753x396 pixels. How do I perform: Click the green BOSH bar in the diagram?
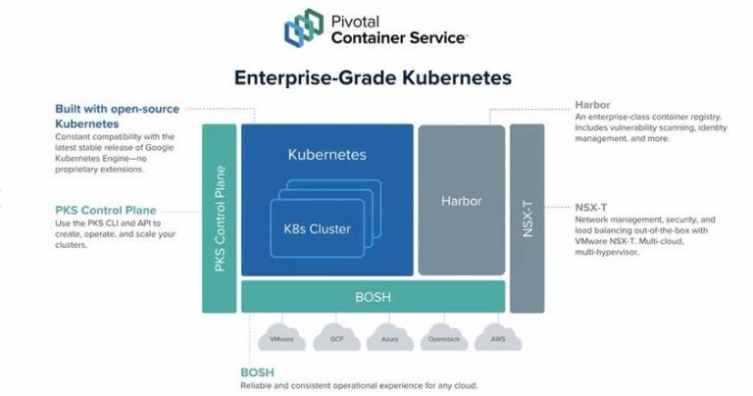pos(373,296)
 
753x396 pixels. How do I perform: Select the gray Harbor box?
pos(462,200)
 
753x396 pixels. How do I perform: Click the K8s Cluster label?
pos(311,228)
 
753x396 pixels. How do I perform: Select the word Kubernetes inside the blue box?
pos(326,155)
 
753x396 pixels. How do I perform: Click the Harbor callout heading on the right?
pos(594,105)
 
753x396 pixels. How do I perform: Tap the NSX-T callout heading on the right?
pos(593,207)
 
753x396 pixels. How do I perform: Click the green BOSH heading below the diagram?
pos(257,372)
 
